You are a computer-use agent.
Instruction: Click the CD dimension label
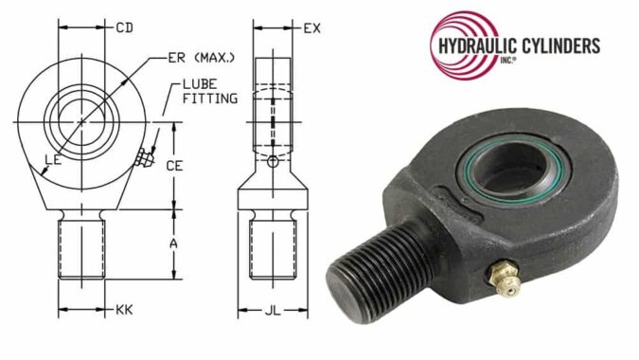(124, 28)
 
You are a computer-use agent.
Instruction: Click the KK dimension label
(123, 310)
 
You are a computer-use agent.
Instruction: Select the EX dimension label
(311, 28)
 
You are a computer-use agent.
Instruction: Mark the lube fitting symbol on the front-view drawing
(142, 157)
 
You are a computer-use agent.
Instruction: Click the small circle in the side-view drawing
(273, 162)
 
